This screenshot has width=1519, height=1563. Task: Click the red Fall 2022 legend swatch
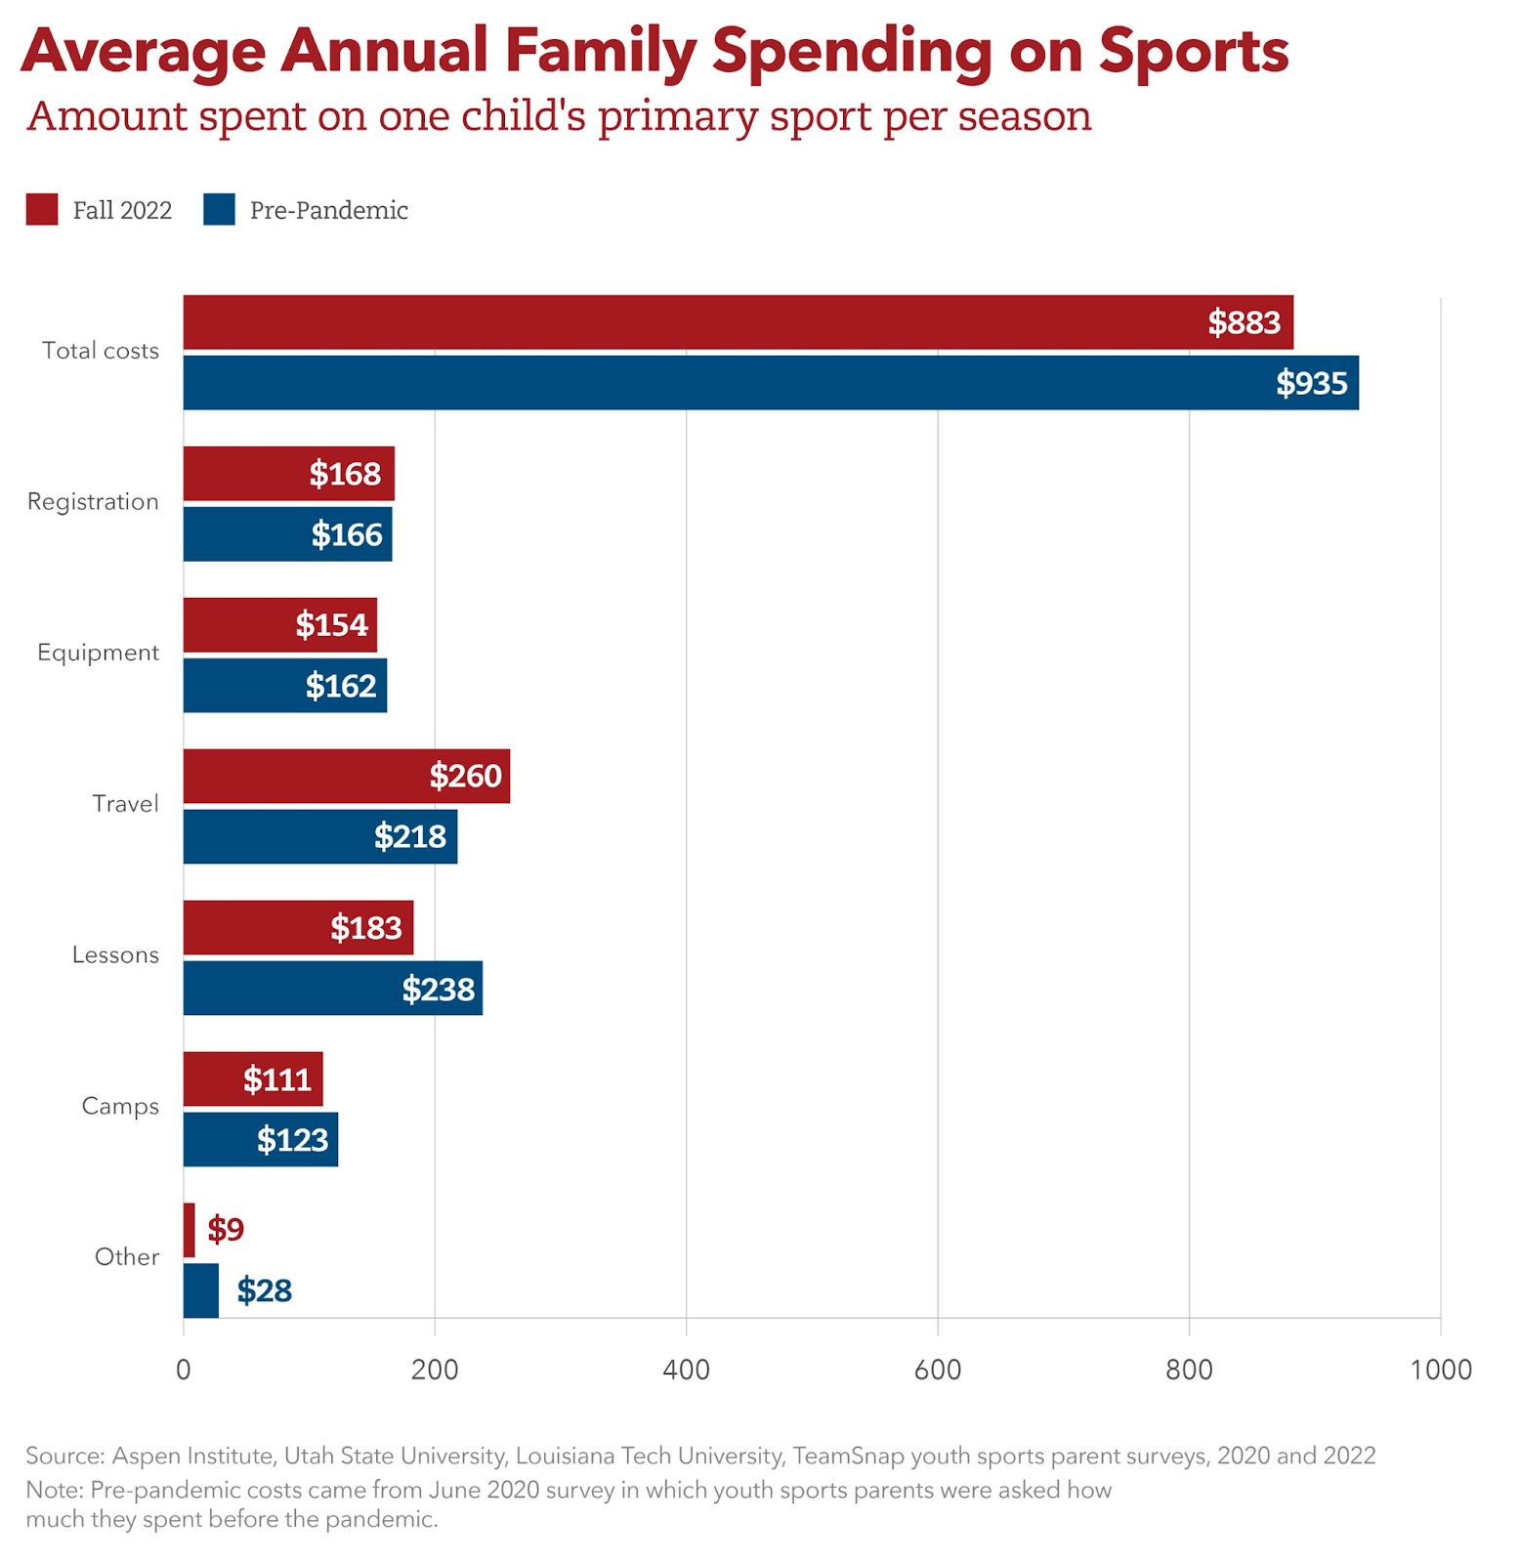tap(42, 209)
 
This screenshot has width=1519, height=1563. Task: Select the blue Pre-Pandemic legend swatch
tap(219, 209)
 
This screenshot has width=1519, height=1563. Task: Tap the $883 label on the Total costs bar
tap(1243, 322)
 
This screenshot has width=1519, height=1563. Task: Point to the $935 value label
tap(1311, 383)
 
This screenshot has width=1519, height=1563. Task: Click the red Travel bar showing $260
tap(346, 776)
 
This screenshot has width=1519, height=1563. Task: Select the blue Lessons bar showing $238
tap(332, 988)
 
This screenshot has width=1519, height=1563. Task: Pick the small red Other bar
tap(189, 1230)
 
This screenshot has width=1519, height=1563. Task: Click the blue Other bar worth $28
tap(200, 1290)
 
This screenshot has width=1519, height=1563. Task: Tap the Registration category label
tap(93, 502)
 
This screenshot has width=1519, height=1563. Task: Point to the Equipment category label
tap(98, 653)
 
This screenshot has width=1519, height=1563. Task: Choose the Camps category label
tap(119, 1106)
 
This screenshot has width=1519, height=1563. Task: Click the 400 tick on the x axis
tap(686, 1370)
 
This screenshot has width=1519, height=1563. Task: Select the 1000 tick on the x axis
tap(1440, 1370)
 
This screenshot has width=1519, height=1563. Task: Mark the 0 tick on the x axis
tap(183, 1370)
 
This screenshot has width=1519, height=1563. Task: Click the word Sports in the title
tap(1193, 51)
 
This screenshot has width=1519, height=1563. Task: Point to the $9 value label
tap(225, 1229)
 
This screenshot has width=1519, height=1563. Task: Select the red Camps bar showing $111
tap(252, 1078)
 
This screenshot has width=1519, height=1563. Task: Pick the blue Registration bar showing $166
tap(287, 533)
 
